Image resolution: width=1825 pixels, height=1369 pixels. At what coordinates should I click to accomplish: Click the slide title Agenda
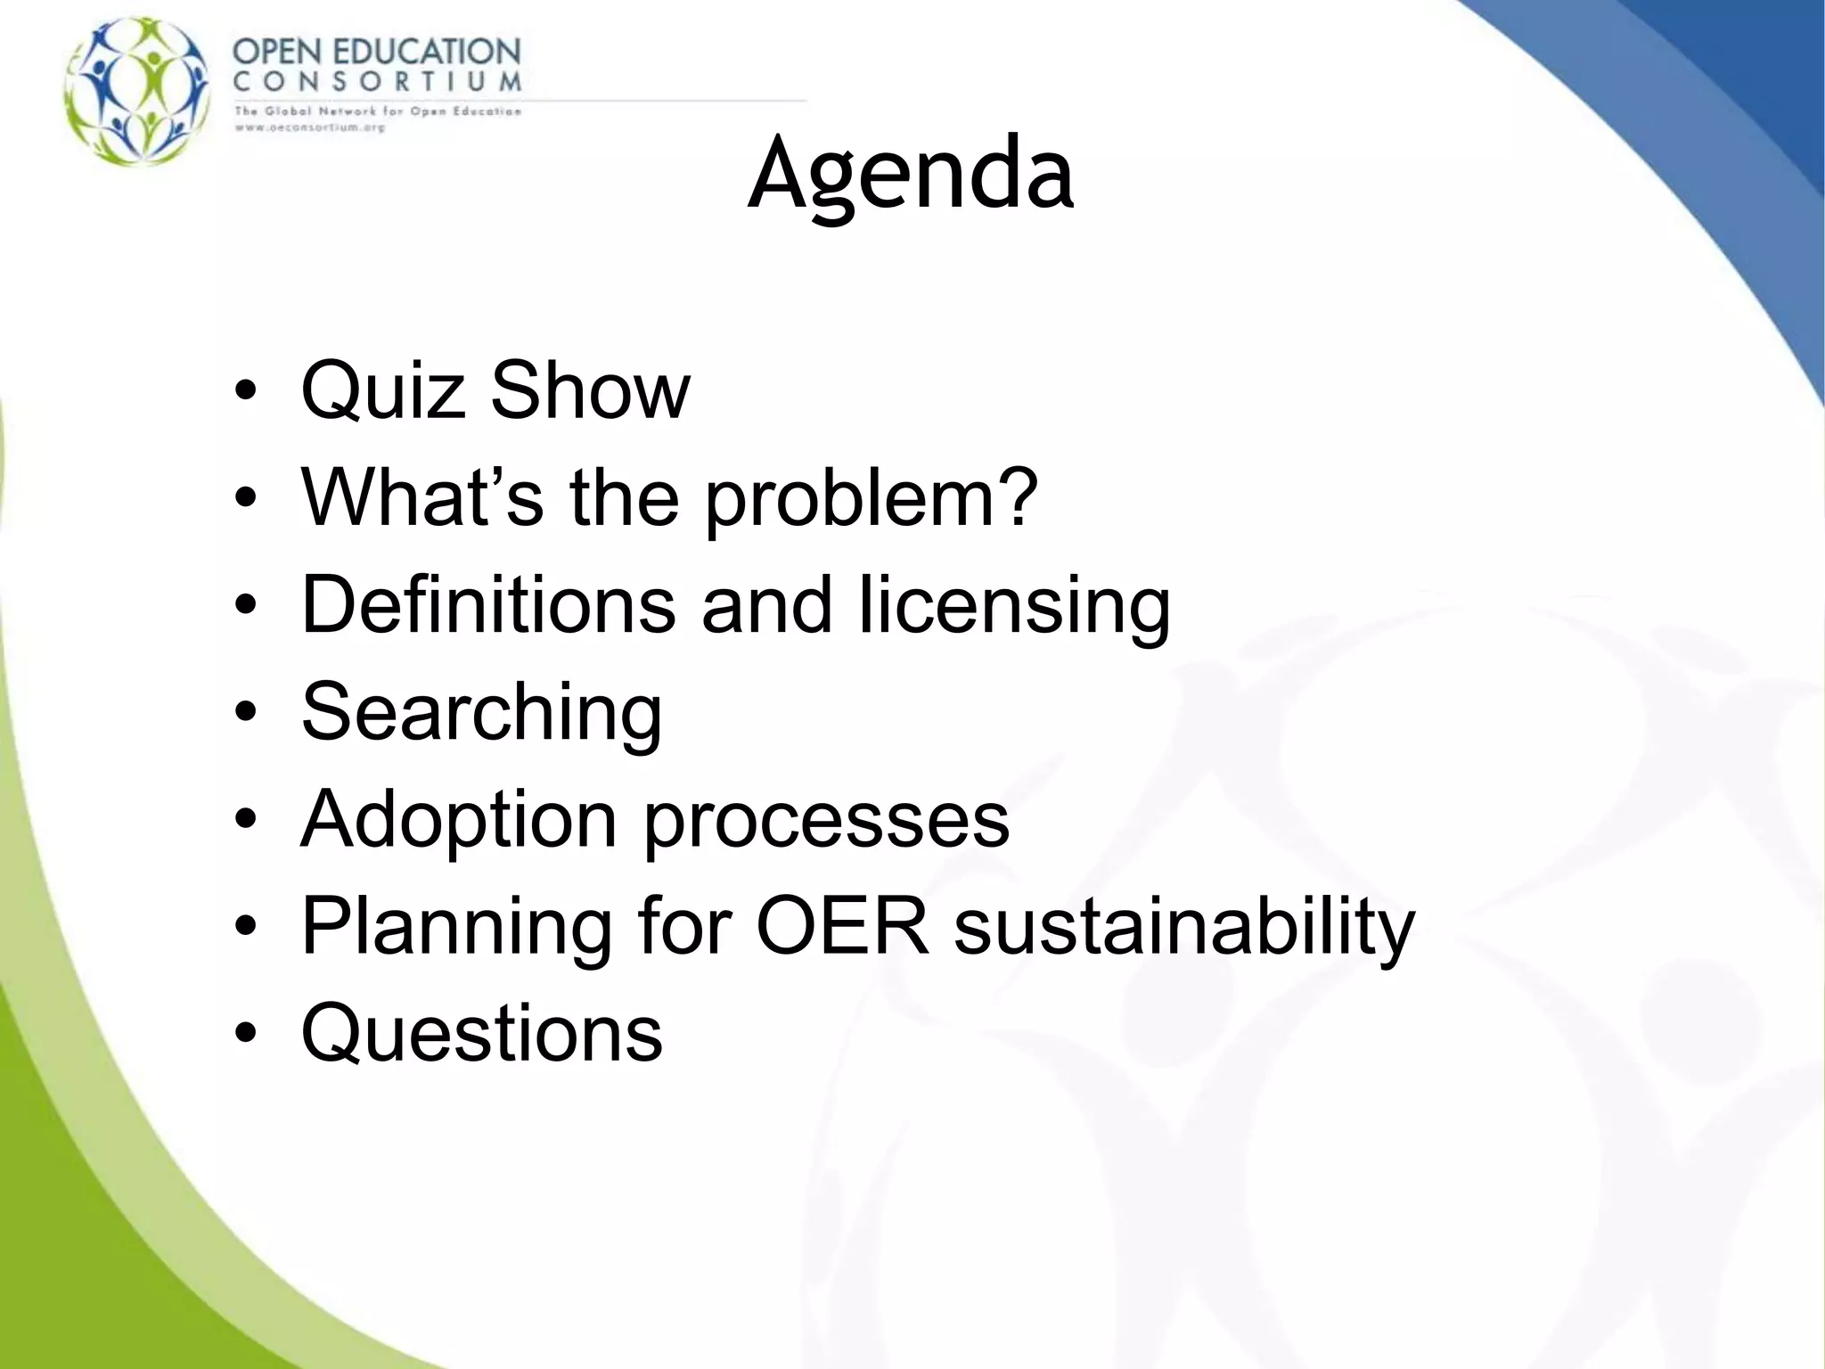[911, 174]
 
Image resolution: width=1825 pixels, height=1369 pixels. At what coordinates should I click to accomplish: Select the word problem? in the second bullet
[872, 499]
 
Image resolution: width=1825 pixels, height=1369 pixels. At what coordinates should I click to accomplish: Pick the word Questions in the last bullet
[482, 1033]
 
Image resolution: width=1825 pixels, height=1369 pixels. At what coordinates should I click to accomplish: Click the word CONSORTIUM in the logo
[377, 82]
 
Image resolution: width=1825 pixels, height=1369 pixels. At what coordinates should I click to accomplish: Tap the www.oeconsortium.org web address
[309, 127]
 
